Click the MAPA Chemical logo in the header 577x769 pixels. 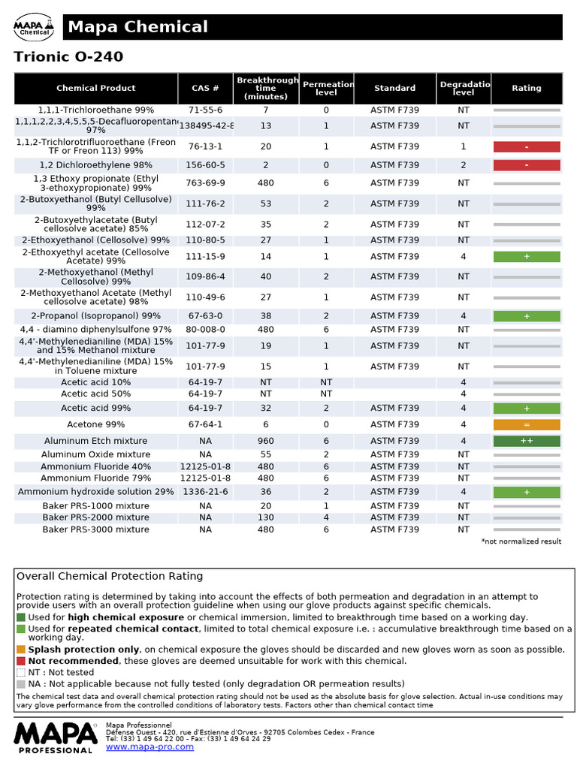click(x=34, y=28)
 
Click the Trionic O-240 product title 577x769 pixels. click(x=68, y=57)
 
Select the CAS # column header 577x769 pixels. click(x=205, y=88)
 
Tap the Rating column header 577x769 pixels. click(x=526, y=88)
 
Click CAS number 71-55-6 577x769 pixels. click(x=205, y=110)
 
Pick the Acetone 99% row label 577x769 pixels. click(x=95, y=424)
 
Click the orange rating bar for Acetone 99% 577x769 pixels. click(x=526, y=424)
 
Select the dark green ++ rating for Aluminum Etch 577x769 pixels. click(x=526, y=441)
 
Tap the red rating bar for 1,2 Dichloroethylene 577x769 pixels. click(x=526, y=164)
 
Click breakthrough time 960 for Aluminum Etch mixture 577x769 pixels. click(x=266, y=441)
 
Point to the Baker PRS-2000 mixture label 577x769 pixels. click(x=95, y=517)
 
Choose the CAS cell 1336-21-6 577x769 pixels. click(x=205, y=492)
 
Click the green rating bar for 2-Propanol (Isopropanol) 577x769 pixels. click(x=526, y=316)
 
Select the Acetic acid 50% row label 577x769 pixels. click(x=95, y=394)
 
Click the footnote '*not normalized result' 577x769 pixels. click(x=521, y=541)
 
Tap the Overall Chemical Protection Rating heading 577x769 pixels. click(x=110, y=576)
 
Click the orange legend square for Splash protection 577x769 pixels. click(x=21, y=650)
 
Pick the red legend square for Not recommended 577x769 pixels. click(x=21, y=661)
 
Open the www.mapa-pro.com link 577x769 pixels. click(x=150, y=746)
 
